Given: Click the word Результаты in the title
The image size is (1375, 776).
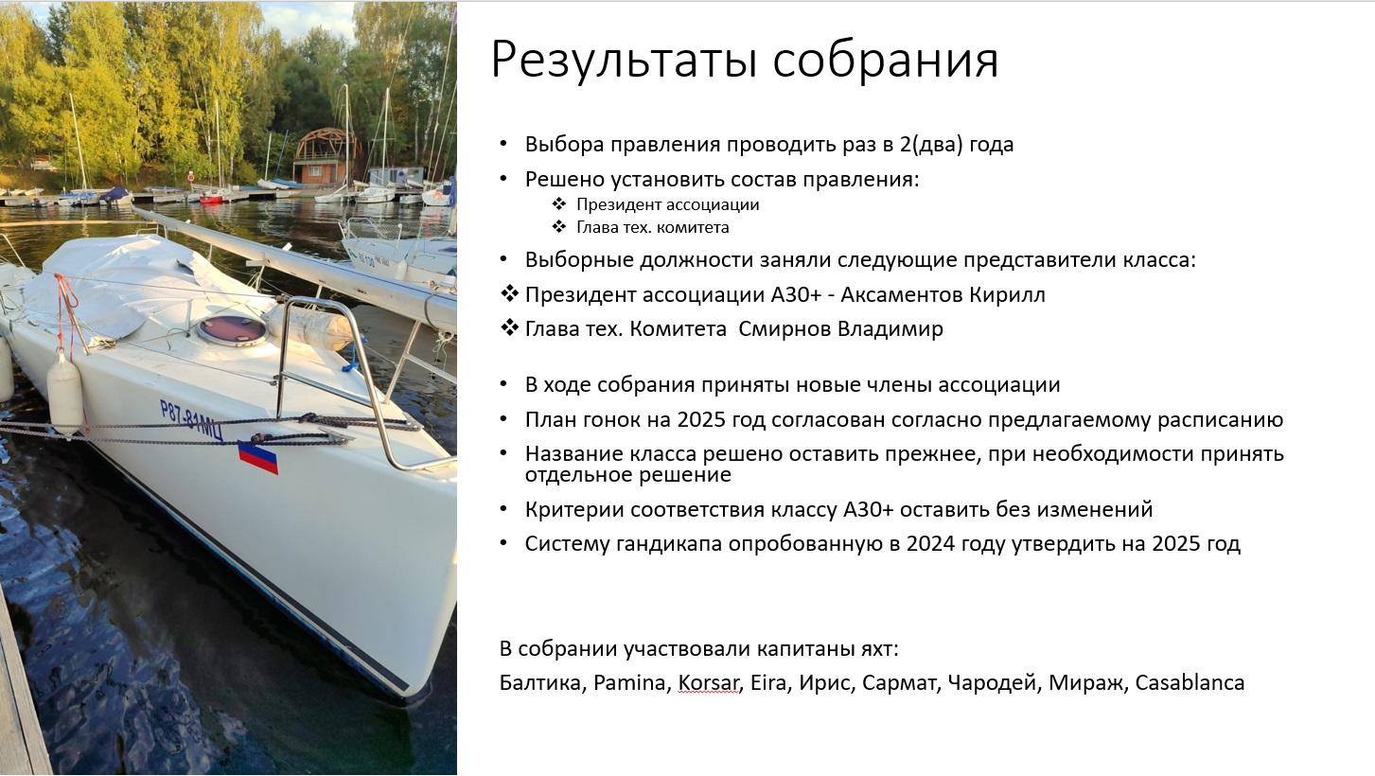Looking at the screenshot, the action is pos(625,61).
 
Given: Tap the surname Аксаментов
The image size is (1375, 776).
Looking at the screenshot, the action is pos(902,294).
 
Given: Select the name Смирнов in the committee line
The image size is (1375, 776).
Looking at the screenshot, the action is pos(784,329).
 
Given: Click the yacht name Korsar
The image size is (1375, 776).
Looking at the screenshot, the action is pos(708,682).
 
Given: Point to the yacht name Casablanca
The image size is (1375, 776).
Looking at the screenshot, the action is pos(1190,682).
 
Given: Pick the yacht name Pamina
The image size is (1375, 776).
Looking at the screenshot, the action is pos(629,682).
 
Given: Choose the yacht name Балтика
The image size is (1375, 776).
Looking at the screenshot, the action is pos(540,682).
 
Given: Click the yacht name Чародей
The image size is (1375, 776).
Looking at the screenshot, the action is pos(992,682).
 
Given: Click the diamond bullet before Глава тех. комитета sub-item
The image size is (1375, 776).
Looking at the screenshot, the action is pos(558,226).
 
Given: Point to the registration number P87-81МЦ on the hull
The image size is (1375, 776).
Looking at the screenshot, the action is pos(191,420).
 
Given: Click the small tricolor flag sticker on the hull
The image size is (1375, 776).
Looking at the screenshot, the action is pos(257,457).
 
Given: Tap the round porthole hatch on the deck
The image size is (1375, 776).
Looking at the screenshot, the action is pos(232,330).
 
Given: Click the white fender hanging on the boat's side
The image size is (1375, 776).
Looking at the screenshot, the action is pos(65,392).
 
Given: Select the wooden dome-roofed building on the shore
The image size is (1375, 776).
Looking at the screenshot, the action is pos(324,156).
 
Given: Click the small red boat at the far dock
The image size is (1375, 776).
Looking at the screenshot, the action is pos(210,198).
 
